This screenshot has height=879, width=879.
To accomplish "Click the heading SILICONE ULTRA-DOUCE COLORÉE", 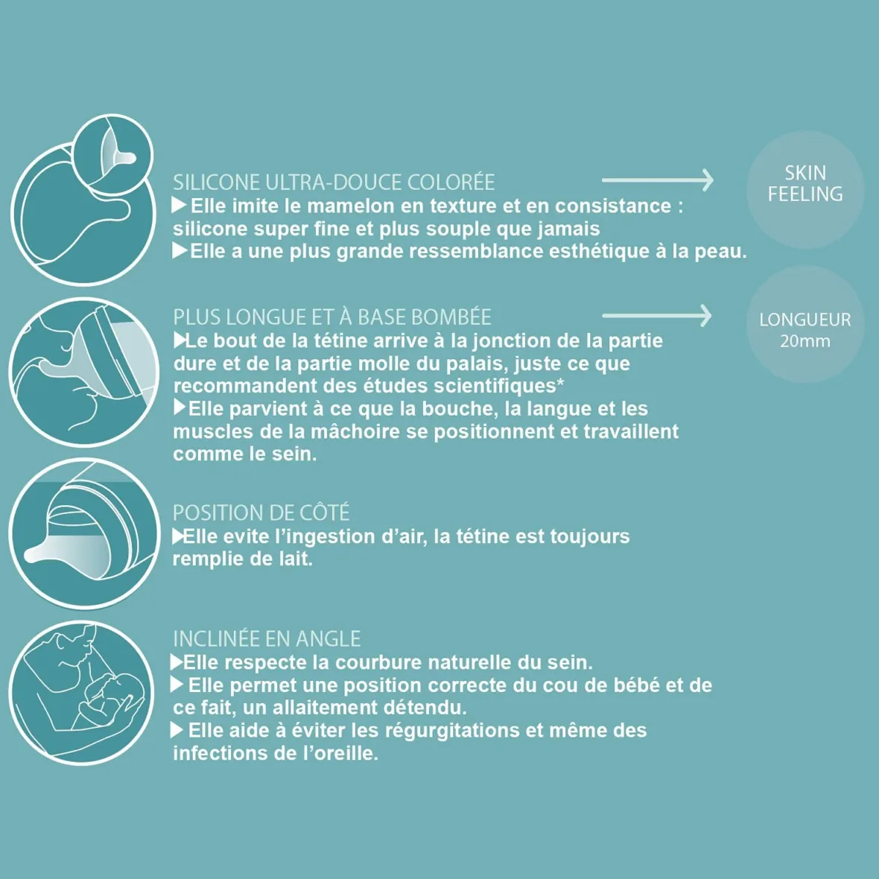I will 333,183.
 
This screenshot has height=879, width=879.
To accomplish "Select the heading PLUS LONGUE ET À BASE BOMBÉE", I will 331,317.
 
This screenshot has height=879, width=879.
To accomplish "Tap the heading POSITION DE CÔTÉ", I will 261,513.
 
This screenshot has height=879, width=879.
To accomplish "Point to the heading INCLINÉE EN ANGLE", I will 267,638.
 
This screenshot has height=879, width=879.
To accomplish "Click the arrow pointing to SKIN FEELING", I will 657,180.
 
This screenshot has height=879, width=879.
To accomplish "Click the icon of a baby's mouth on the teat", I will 83,372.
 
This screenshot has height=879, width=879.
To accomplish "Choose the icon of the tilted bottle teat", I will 83,533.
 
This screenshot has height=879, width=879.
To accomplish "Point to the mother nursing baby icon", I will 83,692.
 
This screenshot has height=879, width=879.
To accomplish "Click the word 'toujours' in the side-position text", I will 589,536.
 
